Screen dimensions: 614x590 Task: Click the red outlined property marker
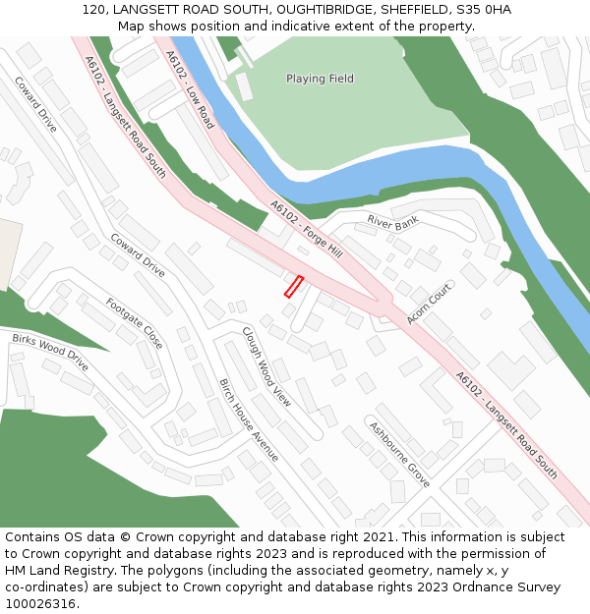click(293, 286)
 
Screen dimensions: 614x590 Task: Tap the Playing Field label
click(320, 79)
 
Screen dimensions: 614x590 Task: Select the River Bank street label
click(392, 222)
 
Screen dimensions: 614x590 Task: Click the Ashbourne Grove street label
click(399, 454)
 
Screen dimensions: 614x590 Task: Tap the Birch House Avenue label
click(249, 419)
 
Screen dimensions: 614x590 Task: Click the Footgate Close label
click(135, 323)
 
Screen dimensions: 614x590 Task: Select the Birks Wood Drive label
click(50, 353)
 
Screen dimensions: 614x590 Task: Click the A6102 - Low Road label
click(190, 89)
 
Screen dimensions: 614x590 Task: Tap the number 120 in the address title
click(93, 10)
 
